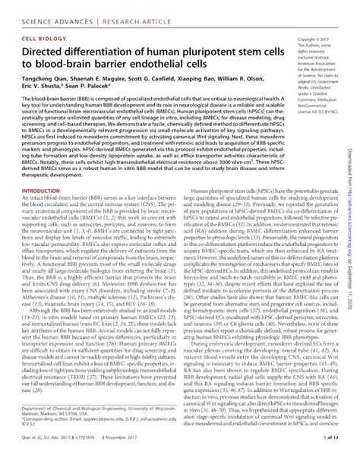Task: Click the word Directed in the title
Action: [x=48, y=52]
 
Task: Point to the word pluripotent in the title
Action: [x=181, y=52]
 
